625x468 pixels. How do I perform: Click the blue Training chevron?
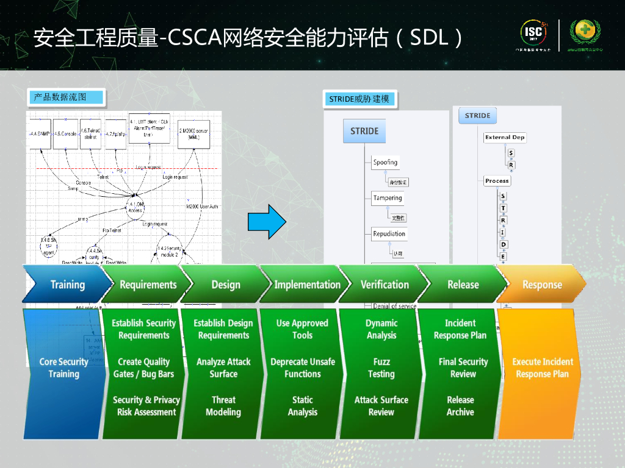tap(67, 285)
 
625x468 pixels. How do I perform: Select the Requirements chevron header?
tap(148, 285)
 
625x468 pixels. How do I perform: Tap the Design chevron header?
tap(226, 285)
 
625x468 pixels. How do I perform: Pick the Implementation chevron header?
tap(307, 285)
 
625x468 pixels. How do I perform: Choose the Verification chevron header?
tap(385, 285)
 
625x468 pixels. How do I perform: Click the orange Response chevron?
tap(542, 285)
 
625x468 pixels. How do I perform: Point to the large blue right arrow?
tap(267, 222)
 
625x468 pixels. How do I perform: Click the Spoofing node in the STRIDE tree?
tap(385, 163)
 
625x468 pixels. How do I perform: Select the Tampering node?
tap(388, 198)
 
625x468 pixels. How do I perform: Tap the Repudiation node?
tap(389, 234)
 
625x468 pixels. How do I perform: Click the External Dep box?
tap(505, 138)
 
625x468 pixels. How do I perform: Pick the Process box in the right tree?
tap(497, 181)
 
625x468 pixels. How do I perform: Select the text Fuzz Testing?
tap(381, 368)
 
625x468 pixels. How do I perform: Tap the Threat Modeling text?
tap(223, 406)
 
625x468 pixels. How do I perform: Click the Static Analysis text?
tap(302, 406)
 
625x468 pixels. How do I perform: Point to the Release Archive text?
tap(460, 406)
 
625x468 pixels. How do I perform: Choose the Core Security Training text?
tap(63, 368)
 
